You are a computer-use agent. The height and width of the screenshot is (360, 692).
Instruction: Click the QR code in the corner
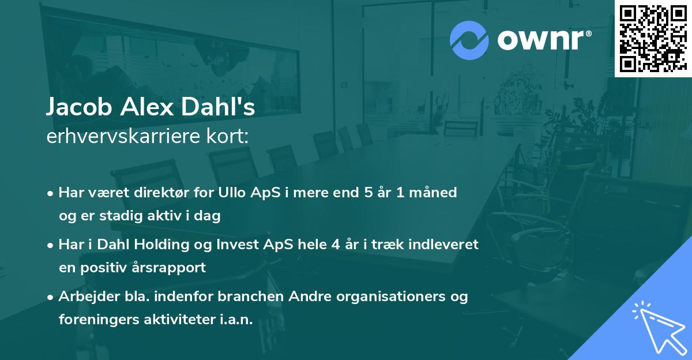point(653,39)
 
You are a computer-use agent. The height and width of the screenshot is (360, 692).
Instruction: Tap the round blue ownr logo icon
point(469,40)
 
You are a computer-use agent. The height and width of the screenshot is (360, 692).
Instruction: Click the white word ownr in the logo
point(540,40)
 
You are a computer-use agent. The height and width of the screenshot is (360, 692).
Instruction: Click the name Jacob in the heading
point(79,107)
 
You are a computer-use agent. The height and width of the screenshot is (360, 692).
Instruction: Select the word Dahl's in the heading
point(218,107)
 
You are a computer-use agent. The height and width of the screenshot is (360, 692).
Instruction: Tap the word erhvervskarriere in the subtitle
point(123,136)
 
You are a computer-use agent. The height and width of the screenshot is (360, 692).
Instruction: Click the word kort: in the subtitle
point(227,136)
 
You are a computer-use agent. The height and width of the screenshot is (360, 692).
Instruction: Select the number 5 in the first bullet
point(368,193)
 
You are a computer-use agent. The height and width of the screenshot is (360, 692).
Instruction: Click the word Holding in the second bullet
point(161,245)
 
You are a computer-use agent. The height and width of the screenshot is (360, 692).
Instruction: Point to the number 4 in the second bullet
point(336,245)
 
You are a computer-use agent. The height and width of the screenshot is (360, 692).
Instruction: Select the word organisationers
point(390,297)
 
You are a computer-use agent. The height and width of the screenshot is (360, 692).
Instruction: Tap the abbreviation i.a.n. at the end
point(236,319)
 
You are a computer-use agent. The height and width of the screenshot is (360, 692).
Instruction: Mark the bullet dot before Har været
point(50,194)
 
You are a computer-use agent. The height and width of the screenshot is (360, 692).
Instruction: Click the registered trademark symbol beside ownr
point(588,34)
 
